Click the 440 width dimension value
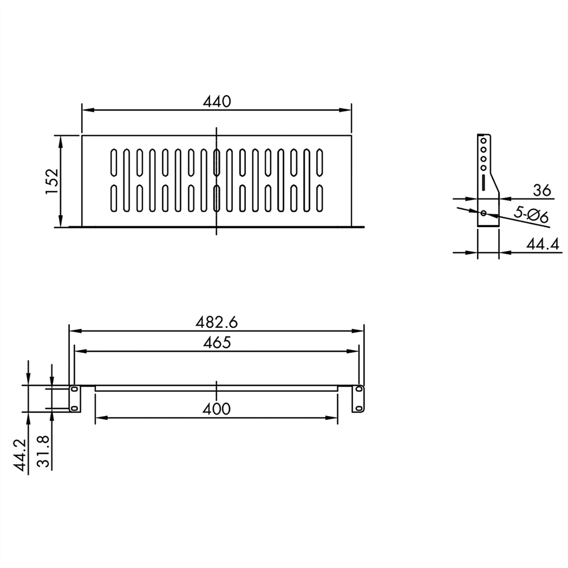[216, 102]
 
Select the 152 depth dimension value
[52, 181]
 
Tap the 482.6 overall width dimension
[216, 322]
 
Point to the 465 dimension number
[216, 342]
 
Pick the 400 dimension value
[216, 408]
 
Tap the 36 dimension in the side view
[541, 190]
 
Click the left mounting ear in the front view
[75, 399]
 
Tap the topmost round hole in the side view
[483, 141]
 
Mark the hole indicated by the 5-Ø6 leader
[483, 213]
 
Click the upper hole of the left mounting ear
[74, 390]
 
